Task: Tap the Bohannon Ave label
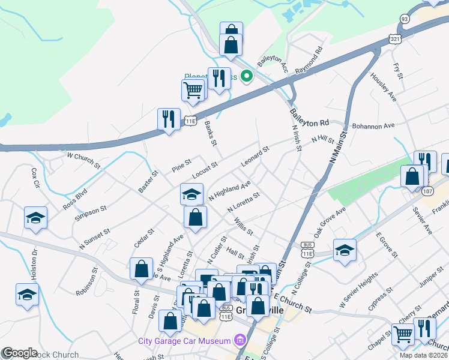pos(373,126)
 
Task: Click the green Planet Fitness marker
pos(246,76)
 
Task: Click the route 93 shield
pos(405,19)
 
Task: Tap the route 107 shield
pos(427,191)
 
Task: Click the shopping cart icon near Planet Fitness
pos(193,90)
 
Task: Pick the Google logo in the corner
pos(20,353)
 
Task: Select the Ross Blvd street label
pos(75,199)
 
